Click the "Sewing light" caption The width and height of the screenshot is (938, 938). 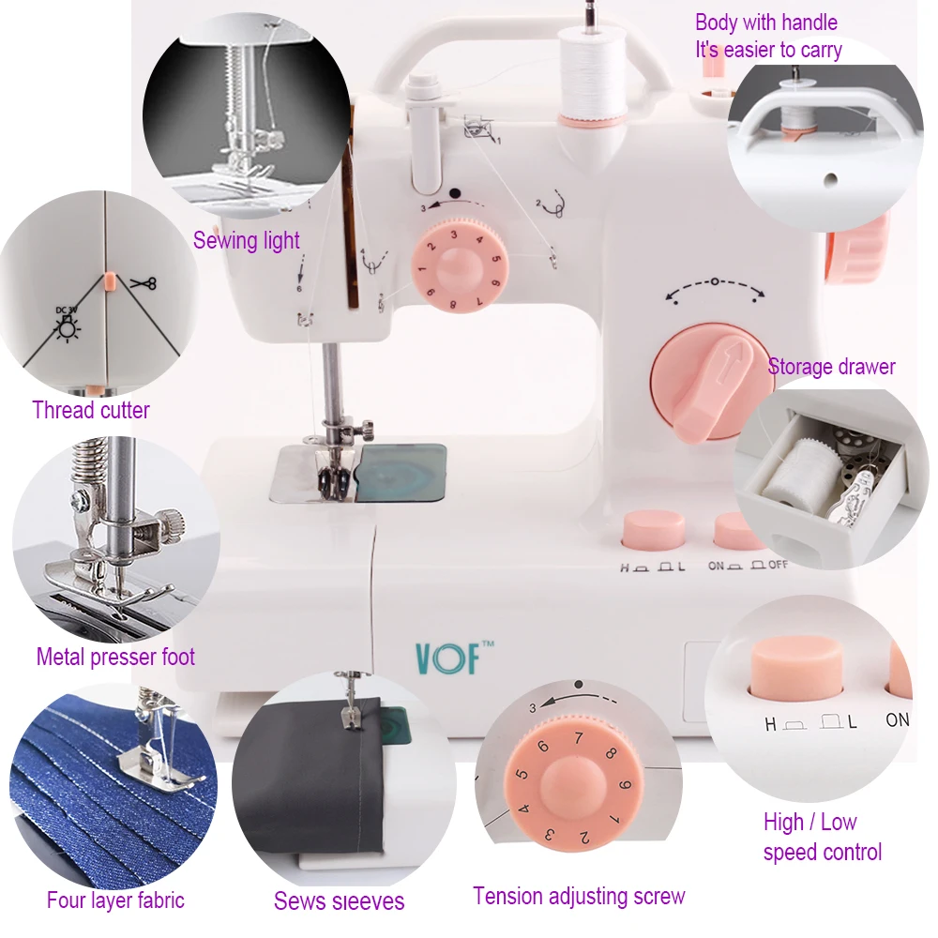coord(247,241)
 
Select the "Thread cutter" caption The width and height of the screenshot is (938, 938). coord(91,410)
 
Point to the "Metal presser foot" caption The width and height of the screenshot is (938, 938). coord(115,657)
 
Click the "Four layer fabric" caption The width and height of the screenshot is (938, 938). coord(115,900)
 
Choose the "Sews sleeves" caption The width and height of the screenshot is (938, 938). coord(339,901)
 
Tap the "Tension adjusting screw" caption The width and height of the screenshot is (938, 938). coord(579,896)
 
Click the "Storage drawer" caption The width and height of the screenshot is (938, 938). coord(831,367)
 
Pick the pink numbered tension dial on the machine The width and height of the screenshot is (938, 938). coord(460,266)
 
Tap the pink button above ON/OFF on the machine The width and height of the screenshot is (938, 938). coord(738,531)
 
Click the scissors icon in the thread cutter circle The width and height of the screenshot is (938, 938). coord(144,282)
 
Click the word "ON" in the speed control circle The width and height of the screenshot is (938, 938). coord(898,720)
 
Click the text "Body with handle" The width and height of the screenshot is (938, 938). coord(765,23)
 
